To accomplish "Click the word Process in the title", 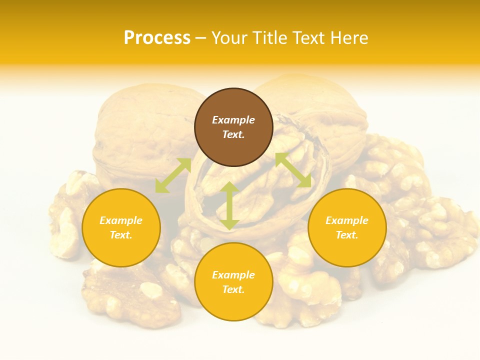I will point(157,38).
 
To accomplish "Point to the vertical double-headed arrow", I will point(229,205).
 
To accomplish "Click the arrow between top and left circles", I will point(173,175).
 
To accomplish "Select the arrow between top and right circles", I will point(293,170).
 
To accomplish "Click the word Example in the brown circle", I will point(233,120).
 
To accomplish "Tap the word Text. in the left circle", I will point(121,235).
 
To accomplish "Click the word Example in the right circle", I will point(347,220).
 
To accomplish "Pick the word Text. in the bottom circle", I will point(233,289).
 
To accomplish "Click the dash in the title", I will point(201,38).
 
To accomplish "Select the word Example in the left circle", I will point(121,220).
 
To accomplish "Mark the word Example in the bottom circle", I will point(233,275).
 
